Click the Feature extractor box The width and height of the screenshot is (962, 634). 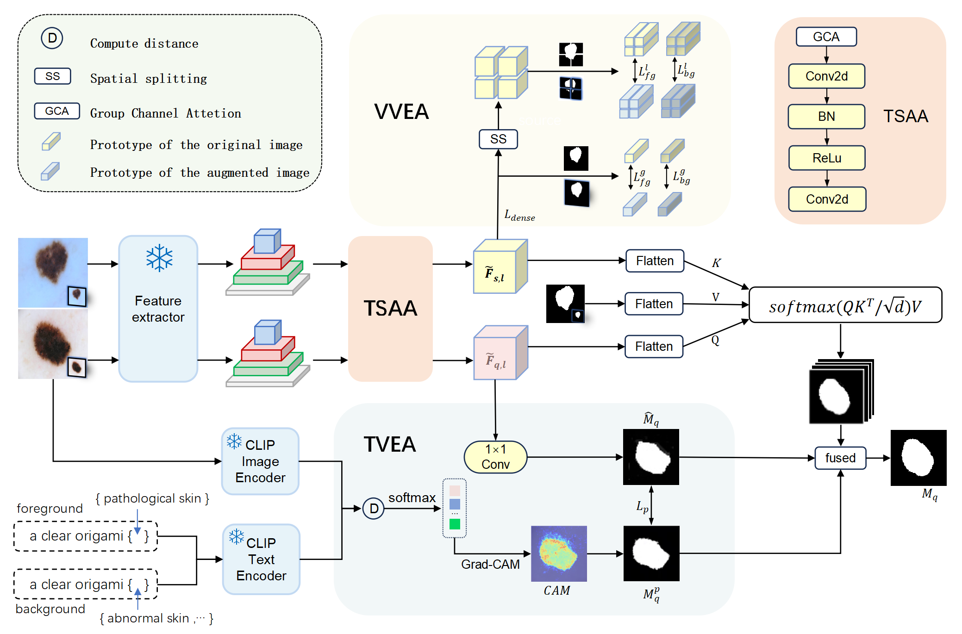pyautogui.click(x=158, y=309)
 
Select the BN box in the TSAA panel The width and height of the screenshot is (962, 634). pyautogui.click(x=826, y=117)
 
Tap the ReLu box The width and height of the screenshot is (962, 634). pyautogui.click(x=827, y=158)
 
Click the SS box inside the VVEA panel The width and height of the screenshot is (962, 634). pyautogui.click(x=498, y=139)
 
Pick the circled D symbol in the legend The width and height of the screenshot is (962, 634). pyautogui.click(x=52, y=38)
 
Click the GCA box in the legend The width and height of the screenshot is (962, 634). pyautogui.click(x=57, y=111)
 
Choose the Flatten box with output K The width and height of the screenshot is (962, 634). pyautogui.click(x=655, y=261)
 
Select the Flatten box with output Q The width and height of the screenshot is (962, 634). pyautogui.click(x=654, y=347)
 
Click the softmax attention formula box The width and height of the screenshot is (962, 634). pyautogui.click(x=845, y=305)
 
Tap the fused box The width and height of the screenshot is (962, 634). pyautogui.click(x=840, y=458)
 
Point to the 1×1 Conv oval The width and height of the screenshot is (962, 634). pyautogui.click(x=495, y=457)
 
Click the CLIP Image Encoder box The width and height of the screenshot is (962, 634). pyautogui.click(x=260, y=461)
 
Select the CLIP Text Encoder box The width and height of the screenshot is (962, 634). pyautogui.click(x=261, y=559)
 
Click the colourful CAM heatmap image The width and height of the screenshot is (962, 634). pyautogui.click(x=559, y=553)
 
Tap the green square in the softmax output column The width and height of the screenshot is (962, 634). pyautogui.click(x=455, y=524)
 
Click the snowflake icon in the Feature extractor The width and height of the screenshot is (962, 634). pyautogui.click(x=159, y=258)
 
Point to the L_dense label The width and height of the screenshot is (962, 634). pyautogui.click(x=519, y=216)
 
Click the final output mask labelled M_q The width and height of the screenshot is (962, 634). pyautogui.click(x=918, y=458)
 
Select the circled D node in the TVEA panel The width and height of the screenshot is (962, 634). pyautogui.click(x=374, y=509)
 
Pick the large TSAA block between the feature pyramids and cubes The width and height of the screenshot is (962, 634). pyautogui.click(x=390, y=309)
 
